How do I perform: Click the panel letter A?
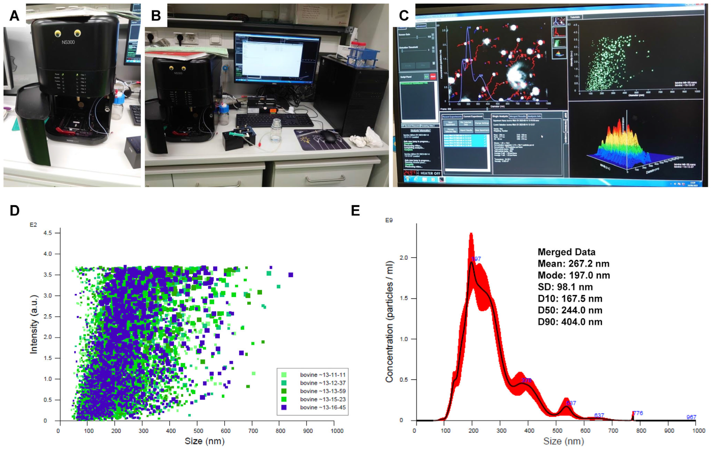coord(14,16)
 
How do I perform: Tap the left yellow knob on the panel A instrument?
coord(58,33)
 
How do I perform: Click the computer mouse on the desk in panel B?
coord(329,136)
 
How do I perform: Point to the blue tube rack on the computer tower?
coord(361,55)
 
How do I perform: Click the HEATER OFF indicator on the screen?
coord(430,173)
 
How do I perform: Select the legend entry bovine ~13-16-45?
coord(323,407)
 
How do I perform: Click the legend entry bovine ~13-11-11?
coord(323,375)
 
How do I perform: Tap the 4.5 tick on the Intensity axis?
coord(47,233)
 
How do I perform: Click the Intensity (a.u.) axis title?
coord(34,324)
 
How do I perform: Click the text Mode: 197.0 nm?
coord(574,276)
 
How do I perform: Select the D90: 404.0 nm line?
coord(570,322)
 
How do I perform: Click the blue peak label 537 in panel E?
coord(571,403)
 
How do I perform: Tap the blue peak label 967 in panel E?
coord(691,417)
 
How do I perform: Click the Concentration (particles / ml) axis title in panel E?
coord(389,322)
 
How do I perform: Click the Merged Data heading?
coord(566,252)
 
